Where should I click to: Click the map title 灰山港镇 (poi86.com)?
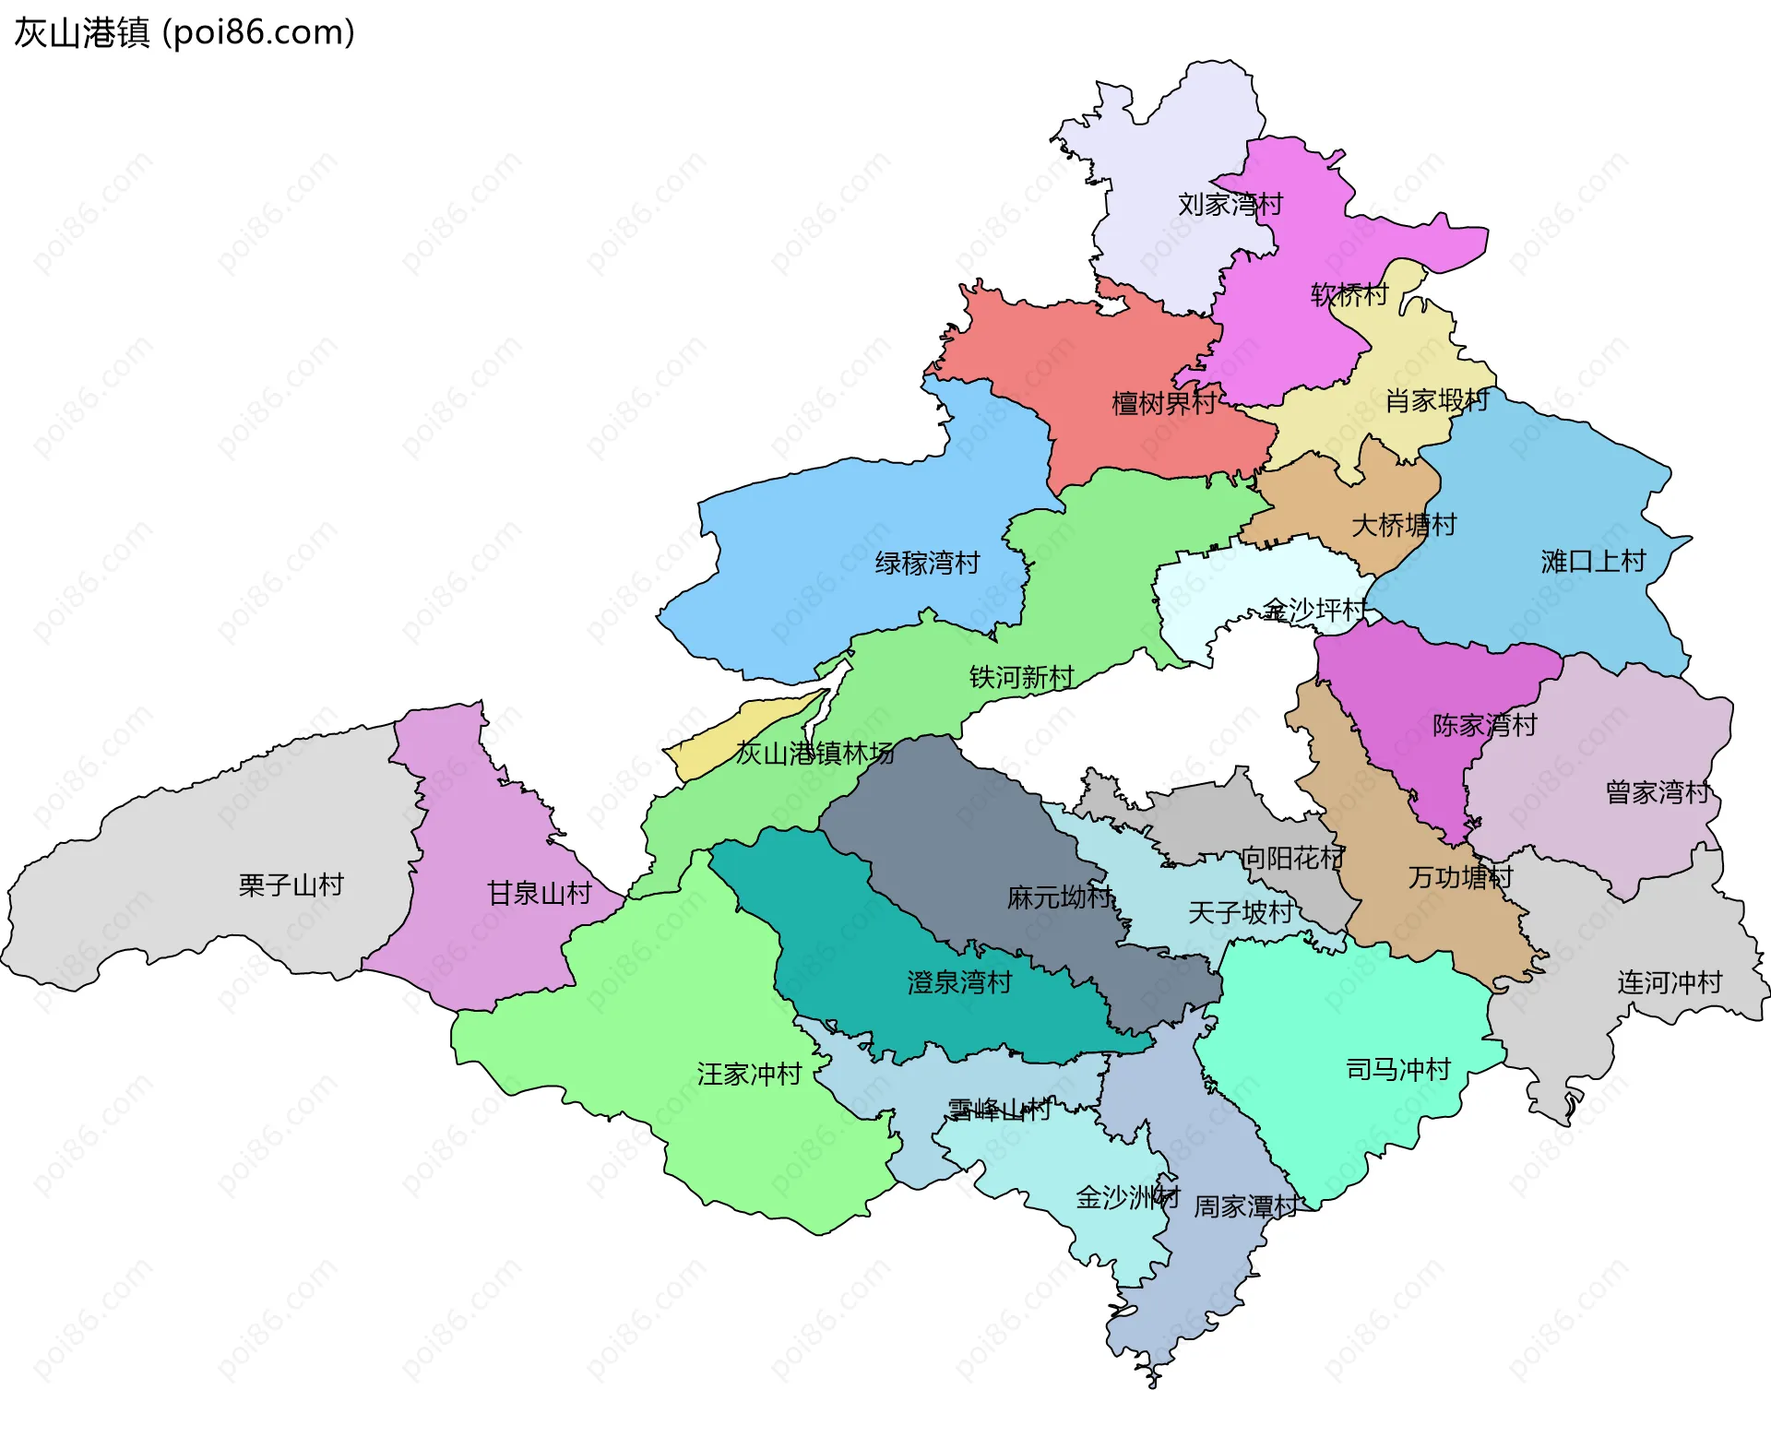[184, 33]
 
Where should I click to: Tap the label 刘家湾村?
[1230, 204]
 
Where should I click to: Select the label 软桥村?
[1349, 294]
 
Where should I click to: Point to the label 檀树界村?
[1164, 403]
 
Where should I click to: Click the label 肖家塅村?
[1437, 400]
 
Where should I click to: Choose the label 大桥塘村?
[1404, 525]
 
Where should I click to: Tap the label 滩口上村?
[1593, 561]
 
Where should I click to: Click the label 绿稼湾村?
[927, 563]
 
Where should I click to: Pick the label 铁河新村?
[1022, 677]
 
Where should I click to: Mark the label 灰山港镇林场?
[814, 754]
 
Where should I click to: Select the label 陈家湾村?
[1484, 725]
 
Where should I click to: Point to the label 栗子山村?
[291, 885]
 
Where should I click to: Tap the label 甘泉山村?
[539, 893]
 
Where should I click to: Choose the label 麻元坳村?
[1060, 897]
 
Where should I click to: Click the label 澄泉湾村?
[959, 982]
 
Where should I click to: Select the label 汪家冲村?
[749, 1074]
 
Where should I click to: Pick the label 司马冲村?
[1398, 1069]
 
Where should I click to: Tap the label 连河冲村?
[1670, 982]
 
